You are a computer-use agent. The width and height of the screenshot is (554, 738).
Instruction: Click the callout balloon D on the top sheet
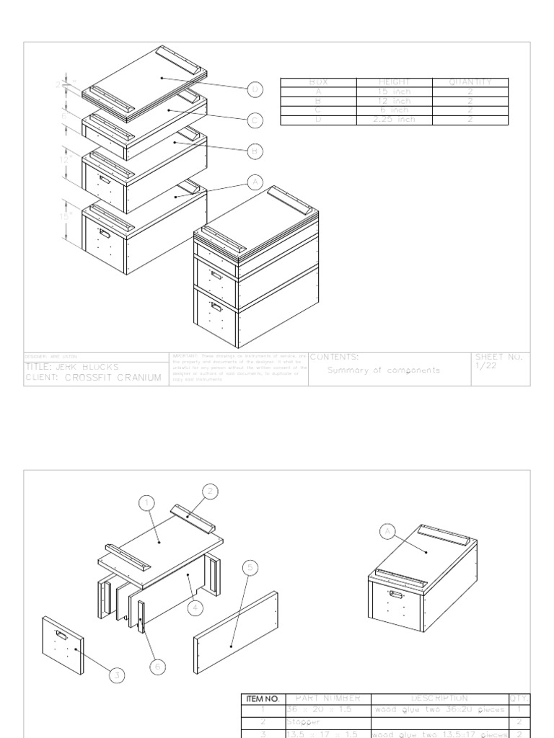[254, 89]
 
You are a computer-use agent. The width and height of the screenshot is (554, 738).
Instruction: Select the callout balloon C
[254, 120]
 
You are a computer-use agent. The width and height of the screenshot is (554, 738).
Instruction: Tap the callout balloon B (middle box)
[254, 151]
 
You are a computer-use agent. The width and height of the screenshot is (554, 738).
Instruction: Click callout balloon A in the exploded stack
[254, 182]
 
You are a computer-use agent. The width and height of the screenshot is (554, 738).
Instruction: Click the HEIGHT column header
[394, 82]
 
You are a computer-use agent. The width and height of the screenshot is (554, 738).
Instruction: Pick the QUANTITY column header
[470, 82]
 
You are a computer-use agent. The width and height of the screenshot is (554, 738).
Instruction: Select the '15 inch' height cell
[394, 92]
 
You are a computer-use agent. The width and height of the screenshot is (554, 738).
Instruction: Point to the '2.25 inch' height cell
[394, 120]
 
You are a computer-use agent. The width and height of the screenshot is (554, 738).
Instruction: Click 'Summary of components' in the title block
[383, 370]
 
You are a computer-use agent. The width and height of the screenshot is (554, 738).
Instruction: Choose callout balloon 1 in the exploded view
[146, 503]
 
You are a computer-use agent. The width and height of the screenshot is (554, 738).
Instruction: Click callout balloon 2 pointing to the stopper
[210, 492]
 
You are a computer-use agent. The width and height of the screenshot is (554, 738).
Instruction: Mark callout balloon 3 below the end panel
[117, 675]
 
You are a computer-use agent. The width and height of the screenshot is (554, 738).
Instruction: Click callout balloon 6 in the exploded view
[158, 667]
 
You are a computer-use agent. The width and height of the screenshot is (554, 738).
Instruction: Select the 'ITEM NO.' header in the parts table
[263, 698]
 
